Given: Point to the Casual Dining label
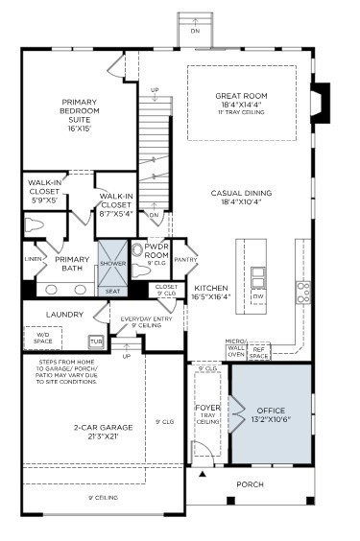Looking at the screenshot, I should coord(240,198).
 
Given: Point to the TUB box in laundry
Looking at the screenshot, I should coord(96,341).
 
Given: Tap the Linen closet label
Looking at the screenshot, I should coord(33,259).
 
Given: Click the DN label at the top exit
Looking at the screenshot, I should coord(196,30).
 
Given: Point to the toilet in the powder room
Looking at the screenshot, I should coord(137,251).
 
